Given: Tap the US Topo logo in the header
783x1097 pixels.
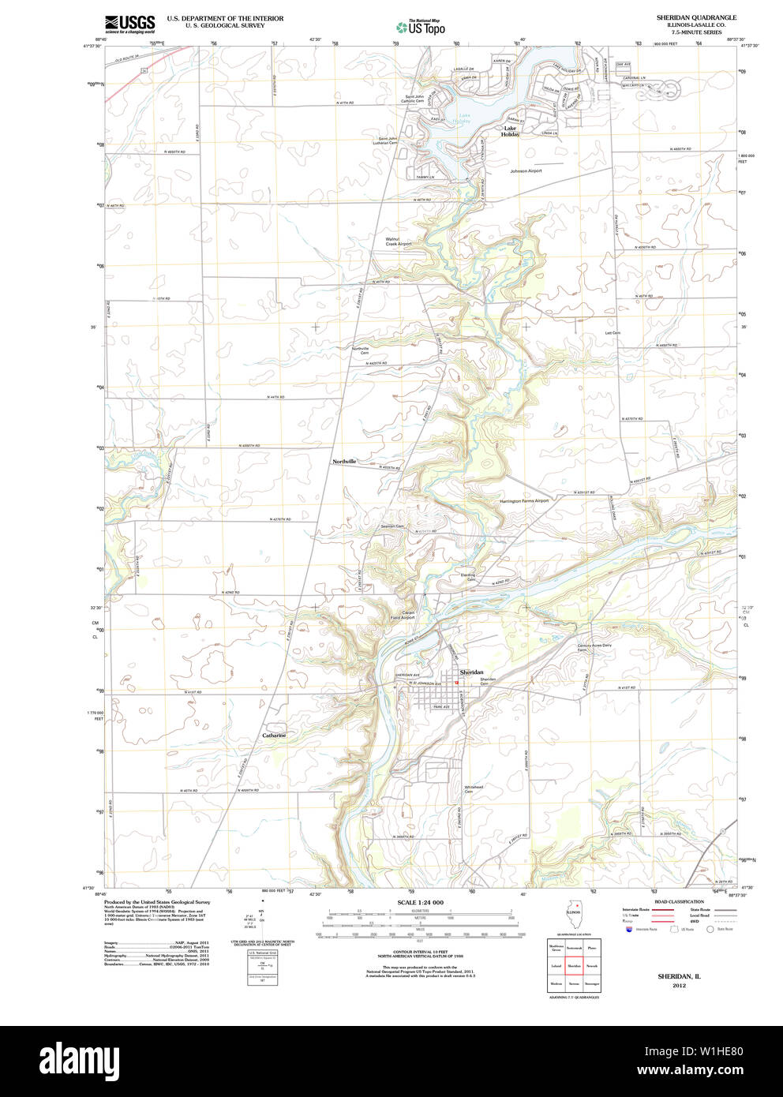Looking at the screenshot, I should tap(421, 27).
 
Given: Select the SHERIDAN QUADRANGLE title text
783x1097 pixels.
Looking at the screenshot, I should tap(696, 17).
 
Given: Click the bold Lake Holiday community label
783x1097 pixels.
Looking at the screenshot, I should tap(511, 131).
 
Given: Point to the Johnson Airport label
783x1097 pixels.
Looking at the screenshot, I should tap(526, 170).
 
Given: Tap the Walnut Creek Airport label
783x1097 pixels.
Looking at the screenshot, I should tap(398, 241).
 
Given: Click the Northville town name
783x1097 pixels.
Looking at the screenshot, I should tap(344, 461).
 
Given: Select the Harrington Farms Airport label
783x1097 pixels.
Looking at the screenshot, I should tap(523, 500).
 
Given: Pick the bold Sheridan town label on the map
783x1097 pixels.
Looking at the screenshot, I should tap(471, 672).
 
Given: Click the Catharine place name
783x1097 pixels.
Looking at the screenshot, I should tap(274, 735).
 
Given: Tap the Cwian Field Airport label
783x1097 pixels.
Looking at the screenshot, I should tap(403, 615).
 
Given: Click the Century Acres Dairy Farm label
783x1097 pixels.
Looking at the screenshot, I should tap(594, 647).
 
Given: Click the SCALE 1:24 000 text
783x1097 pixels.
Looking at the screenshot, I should tap(420, 902).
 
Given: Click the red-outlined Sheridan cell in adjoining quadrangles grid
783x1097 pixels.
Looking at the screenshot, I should tap(574, 965).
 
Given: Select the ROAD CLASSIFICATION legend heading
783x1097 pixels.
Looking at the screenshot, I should tap(679, 901).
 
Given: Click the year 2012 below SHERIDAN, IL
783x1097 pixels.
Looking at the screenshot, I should tap(679, 986).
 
